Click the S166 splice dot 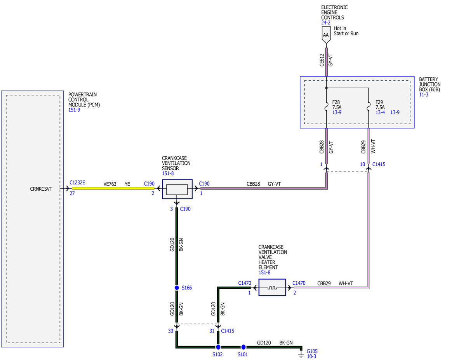[x=177, y=287]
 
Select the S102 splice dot [x=218, y=347]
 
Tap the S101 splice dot [x=243, y=347]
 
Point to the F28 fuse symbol [x=326, y=106]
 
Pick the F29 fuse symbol [x=369, y=106]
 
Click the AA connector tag [x=326, y=35]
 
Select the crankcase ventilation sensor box [x=177, y=189]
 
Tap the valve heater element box [x=272, y=287]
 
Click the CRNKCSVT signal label [x=41, y=189]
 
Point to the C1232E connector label [x=77, y=183]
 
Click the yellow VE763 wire [x=113, y=188]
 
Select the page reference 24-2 [x=325, y=23]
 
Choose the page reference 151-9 [x=74, y=110]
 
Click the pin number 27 [x=72, y=193]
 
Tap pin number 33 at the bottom [x=170, y=331]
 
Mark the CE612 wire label [x=322, y=60]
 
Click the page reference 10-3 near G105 [x=311, y=357]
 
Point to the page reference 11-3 [x=424, y=94]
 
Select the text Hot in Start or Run [x=346, y=31]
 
